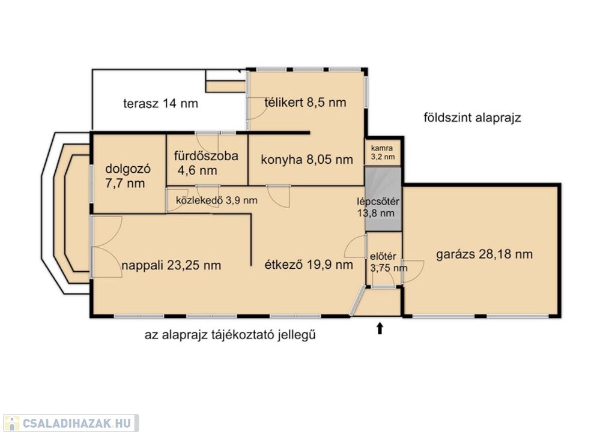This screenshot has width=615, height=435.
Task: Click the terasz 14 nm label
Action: click(160, 103)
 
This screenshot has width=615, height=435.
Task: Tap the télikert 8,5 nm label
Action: click(305, 102)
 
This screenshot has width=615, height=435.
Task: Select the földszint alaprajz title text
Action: click(472, 117)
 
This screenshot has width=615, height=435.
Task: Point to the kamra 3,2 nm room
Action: click(383, 153)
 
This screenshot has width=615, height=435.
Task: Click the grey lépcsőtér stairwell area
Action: click(383, 199)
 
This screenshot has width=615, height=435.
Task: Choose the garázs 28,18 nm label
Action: click(485, 254)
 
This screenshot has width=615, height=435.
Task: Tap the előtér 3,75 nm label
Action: click(389, 262)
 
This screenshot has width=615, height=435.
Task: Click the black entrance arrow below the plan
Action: click(380, 328)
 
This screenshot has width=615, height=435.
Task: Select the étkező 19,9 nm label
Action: click(309, 265)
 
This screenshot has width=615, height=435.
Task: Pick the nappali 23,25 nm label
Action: click(171, 265)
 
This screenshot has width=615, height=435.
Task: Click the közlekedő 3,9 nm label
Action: click(216, 200)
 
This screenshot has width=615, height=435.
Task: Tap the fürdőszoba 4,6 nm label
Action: click(206, 163)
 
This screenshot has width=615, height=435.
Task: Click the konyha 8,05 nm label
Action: click(307, 160)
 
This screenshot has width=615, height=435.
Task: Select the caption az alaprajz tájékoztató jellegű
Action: click(230, 335)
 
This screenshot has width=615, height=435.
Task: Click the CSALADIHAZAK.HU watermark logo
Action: click(71, 423)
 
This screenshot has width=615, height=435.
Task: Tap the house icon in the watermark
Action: click(11, 423)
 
